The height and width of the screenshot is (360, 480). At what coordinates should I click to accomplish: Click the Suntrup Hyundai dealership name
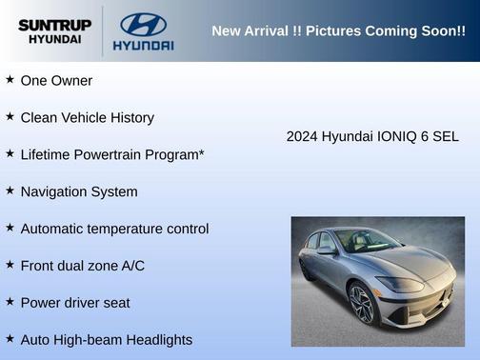click(53, 31)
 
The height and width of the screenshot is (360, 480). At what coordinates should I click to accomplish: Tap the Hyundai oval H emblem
click(143, 24)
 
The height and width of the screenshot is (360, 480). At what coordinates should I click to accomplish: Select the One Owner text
click(56, 81)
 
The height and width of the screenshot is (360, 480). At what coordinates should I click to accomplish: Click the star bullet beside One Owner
click(10, 80)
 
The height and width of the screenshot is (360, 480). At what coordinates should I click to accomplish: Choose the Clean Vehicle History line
click(87, 118)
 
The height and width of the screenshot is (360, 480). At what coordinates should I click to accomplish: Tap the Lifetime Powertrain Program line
click(112, 154)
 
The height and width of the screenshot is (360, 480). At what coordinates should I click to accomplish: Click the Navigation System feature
click(79, 191)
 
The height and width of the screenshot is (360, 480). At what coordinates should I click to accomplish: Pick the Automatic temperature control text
click(114, 229)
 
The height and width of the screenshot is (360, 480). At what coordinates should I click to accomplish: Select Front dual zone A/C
click(83, 266)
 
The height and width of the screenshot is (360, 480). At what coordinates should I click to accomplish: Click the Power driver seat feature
click(75, 303)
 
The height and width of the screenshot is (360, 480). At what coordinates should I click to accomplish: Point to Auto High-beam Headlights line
click(106, 340)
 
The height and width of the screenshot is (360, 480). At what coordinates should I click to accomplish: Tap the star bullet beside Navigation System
click(10, 190)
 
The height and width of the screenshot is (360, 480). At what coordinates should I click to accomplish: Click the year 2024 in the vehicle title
click(302, 137)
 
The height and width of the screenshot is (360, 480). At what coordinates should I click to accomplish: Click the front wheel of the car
click(363, 304)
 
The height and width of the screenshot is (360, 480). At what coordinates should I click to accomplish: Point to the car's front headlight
click(401, 283)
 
